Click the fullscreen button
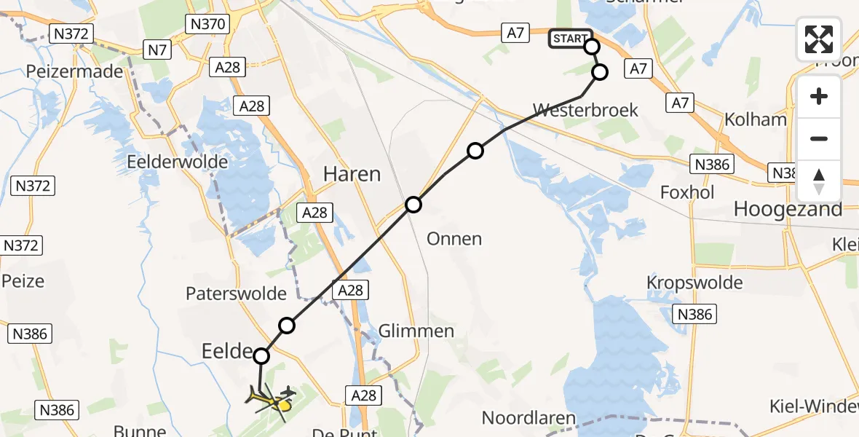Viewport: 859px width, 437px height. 819,39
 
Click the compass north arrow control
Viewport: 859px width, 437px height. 819,181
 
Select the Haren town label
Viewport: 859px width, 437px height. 353,175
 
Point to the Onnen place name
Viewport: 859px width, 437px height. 455,239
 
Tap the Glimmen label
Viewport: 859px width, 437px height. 416,331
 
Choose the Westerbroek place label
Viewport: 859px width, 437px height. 585,111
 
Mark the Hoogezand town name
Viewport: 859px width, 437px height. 788,209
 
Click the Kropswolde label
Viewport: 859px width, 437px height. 695,283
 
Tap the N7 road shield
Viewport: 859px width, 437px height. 155,50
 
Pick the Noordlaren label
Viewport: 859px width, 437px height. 529,419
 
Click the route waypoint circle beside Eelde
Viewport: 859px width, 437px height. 261,356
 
